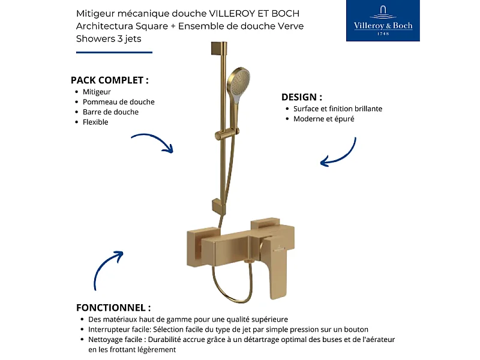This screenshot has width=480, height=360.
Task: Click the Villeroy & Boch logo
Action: point(384,21)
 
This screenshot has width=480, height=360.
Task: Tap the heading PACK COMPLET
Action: point(109,80)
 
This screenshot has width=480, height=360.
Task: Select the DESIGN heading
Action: point(302,97)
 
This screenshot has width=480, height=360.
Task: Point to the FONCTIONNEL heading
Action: point(113,307)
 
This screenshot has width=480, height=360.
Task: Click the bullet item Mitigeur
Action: point(97,92)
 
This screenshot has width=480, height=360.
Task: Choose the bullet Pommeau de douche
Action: point(118,102)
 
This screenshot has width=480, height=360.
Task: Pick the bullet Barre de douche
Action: point(110,112)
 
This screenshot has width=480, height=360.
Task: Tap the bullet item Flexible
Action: point(95,122)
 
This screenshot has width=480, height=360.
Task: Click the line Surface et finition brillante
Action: point(337,109)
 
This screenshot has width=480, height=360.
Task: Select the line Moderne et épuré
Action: point(323,119)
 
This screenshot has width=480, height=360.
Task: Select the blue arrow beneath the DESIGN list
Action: point(339,153)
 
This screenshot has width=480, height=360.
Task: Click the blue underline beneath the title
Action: point(114,53)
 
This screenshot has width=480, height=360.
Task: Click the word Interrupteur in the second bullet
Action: point(109,329)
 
